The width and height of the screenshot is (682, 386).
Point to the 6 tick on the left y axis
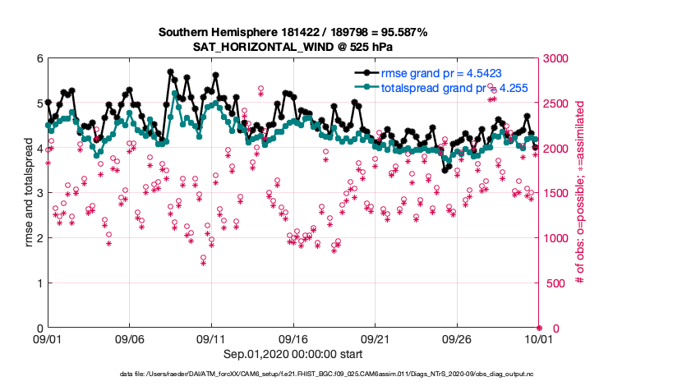tap(38, 58)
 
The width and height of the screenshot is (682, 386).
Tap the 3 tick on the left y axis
tap(38, 193)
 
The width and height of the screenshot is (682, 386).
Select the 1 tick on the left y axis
tap(38, 283)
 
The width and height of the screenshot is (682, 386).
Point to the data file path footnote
tap(341, 375)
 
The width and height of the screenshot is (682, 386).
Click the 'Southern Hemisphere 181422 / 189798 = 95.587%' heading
tap(292, 32)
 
